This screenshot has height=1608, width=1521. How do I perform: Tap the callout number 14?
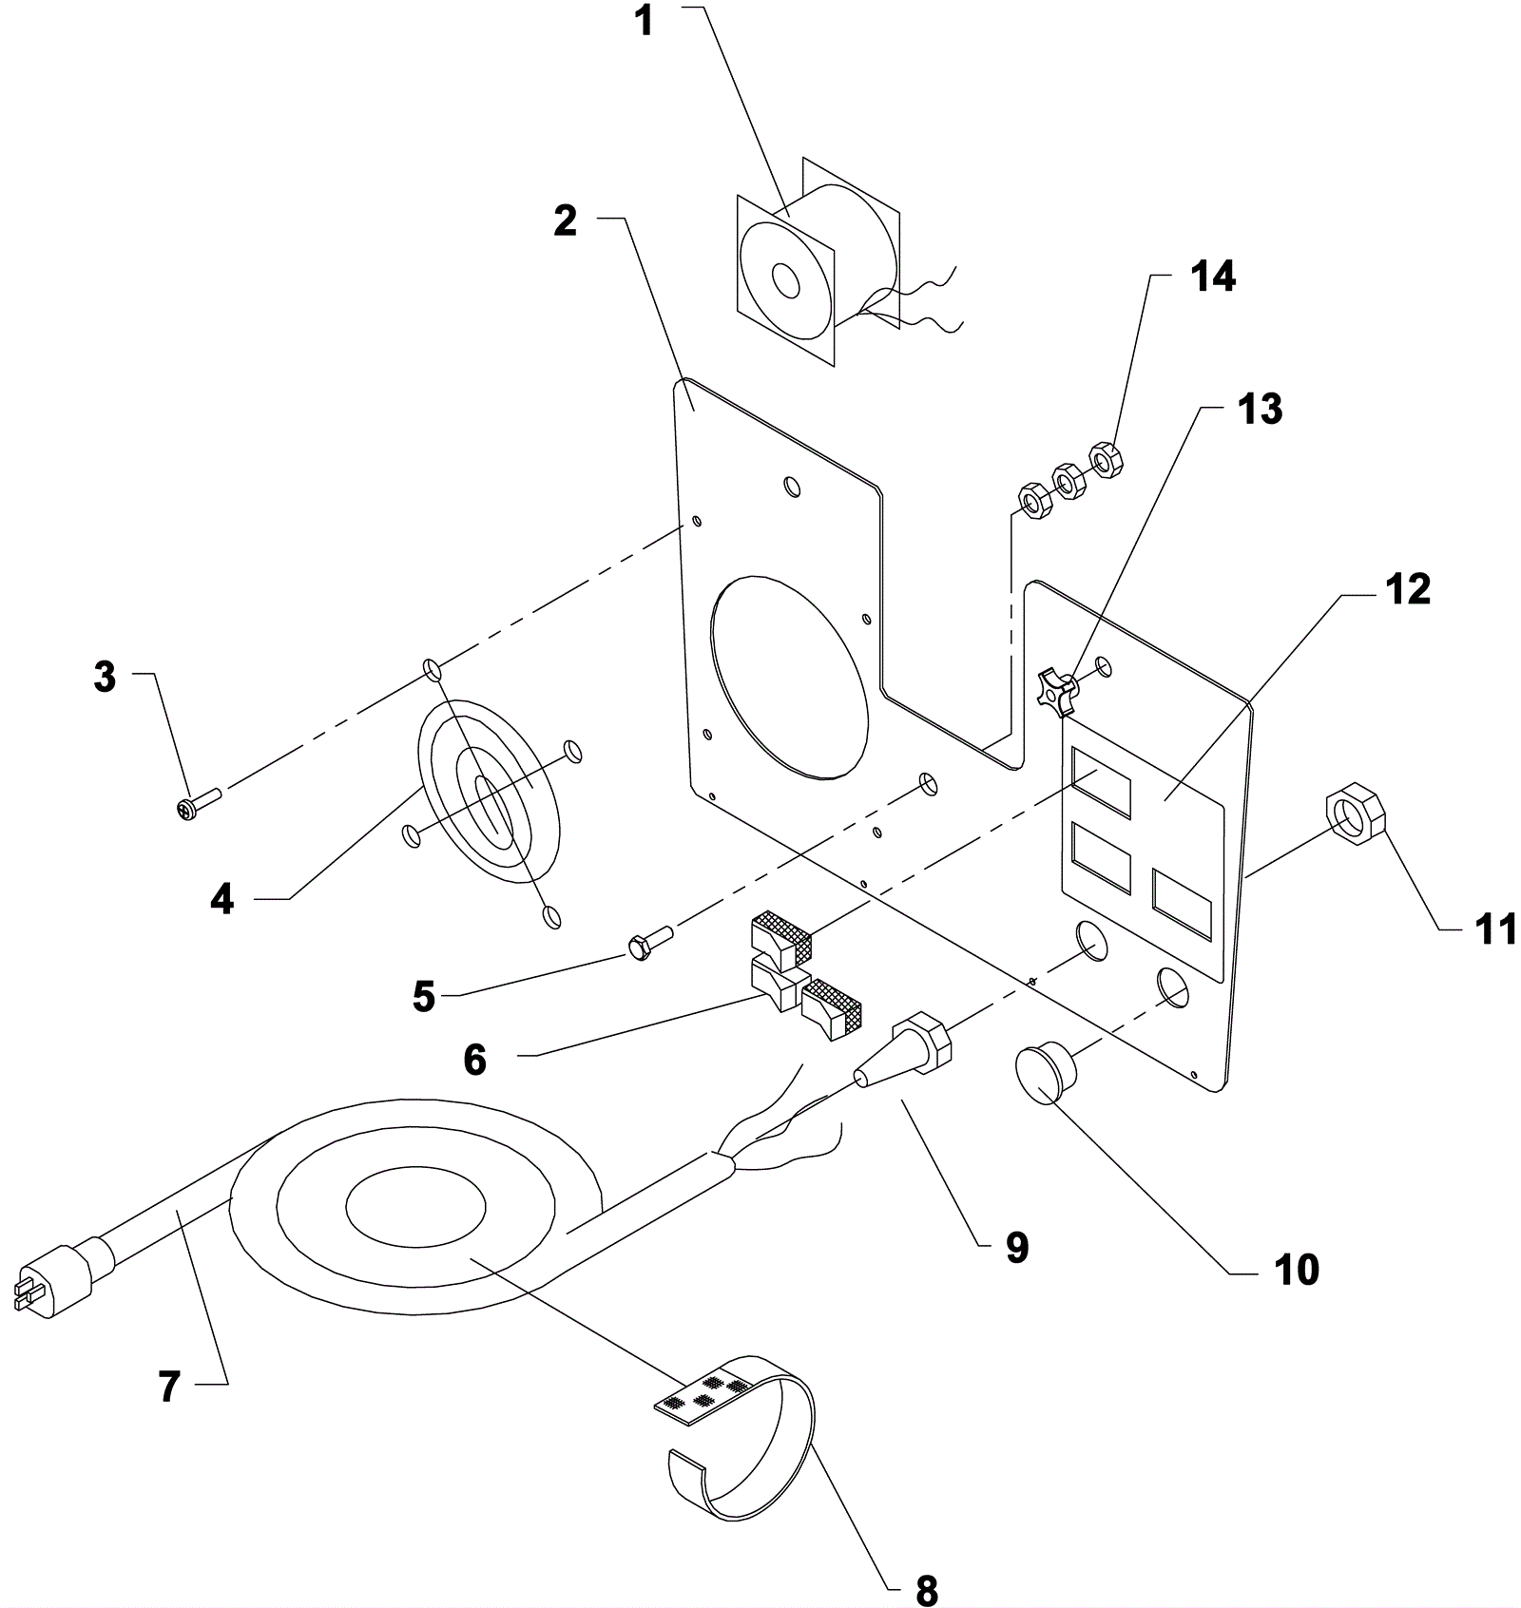[1213, 277]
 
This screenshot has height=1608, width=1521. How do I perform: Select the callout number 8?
[926, 1589]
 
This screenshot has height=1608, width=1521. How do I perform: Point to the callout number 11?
[1495, 929]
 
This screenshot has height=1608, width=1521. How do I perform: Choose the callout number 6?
[475, 1059]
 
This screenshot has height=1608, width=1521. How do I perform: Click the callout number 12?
[1408, 589]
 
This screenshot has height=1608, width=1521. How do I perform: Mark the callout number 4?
[221, 898]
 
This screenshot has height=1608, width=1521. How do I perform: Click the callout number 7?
[169, 1388]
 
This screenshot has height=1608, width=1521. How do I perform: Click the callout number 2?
[565, 220]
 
